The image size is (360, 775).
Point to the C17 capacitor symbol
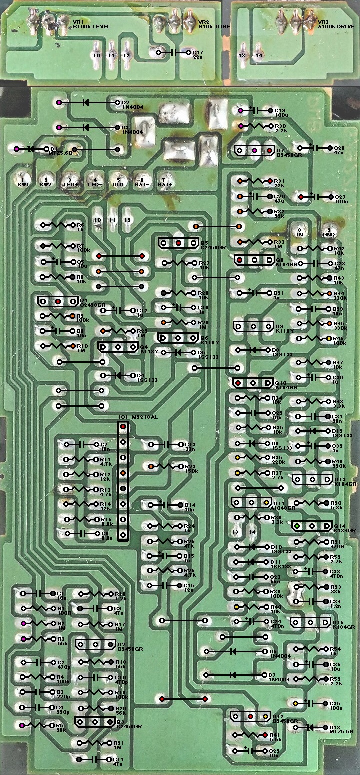(175, 52)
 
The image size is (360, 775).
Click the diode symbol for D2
(86, 103)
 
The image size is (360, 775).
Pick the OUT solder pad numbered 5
(118, 180)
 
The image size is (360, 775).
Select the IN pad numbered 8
(299, 230)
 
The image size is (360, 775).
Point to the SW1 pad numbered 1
(22, 180)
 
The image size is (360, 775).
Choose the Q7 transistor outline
(254, 150)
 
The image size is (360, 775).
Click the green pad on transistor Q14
(297, 526)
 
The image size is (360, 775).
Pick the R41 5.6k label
(276, 736)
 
